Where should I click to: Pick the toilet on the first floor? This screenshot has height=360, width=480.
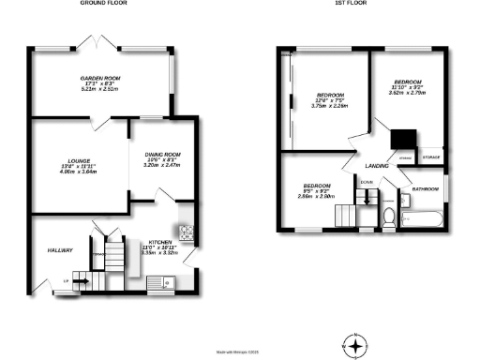pos(389,217)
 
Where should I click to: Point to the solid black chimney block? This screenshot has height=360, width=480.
pos(404,138)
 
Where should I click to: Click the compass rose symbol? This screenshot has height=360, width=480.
pos(353,346)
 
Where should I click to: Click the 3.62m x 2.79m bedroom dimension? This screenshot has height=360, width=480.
pos(408,95)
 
